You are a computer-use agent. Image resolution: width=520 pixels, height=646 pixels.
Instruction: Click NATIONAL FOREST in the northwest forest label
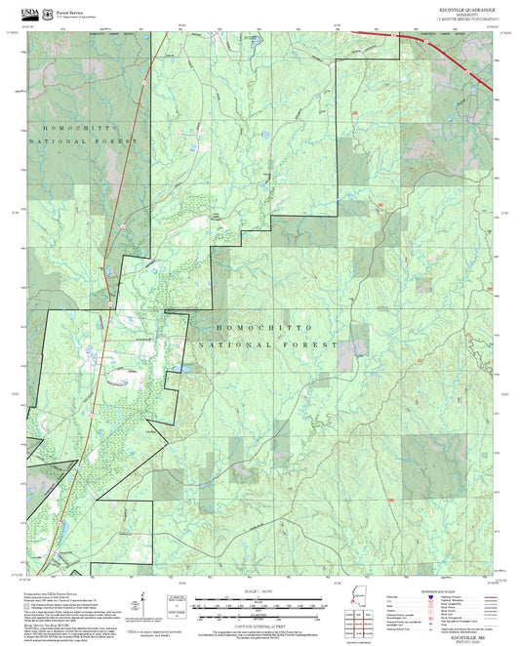tap(84, 141)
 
